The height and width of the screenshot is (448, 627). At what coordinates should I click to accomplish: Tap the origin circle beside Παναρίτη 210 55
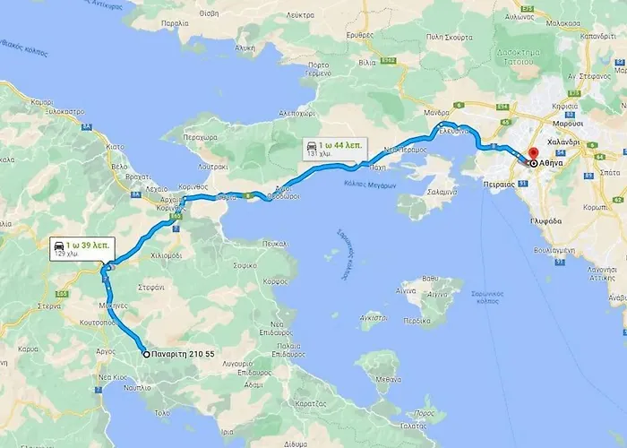point(146,355)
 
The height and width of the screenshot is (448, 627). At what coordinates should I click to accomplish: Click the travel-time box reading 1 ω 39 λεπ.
point(80,248)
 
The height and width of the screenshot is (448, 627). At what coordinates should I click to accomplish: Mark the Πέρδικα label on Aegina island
point(417,320)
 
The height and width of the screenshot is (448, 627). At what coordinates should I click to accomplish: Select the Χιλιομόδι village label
point(167,254)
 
